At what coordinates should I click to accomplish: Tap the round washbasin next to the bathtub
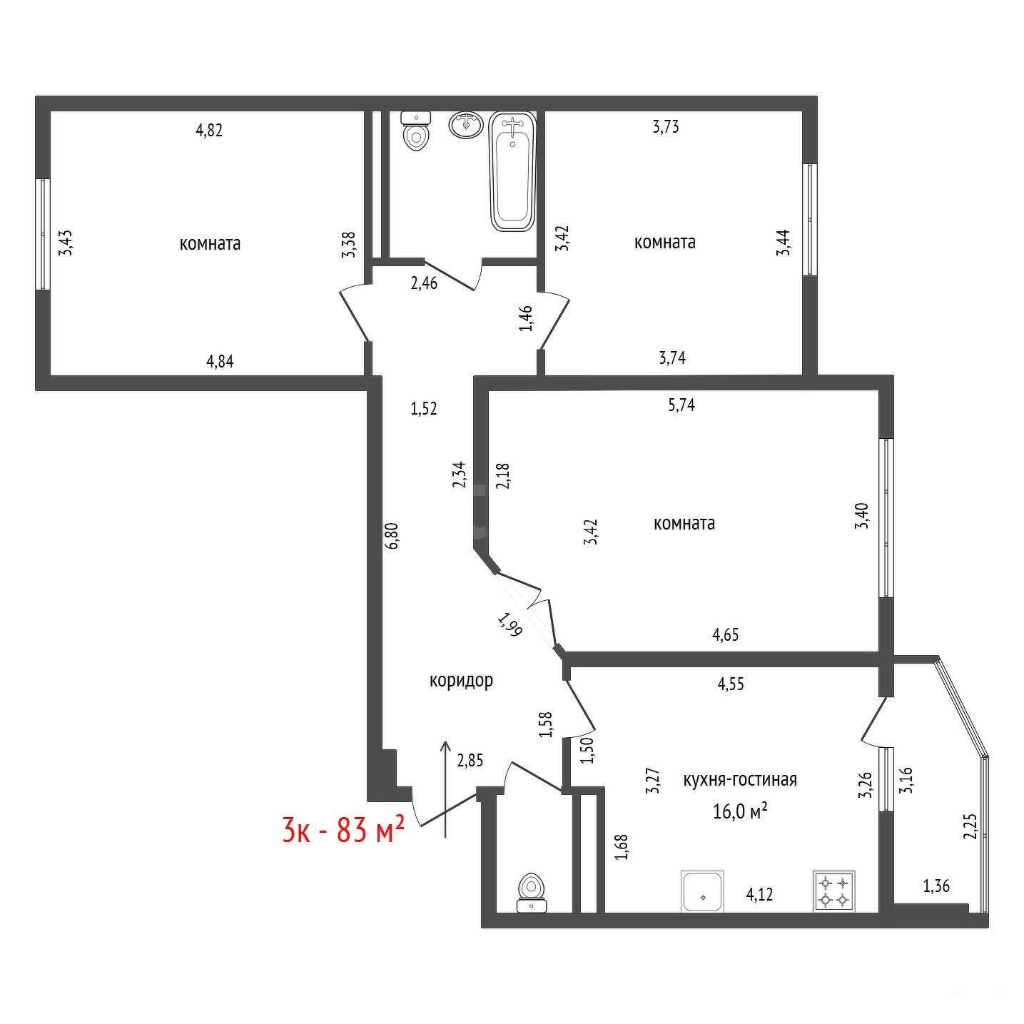click(467, 124)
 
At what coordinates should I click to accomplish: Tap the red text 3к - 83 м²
click(344, 830)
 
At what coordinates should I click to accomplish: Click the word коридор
click(461, 681)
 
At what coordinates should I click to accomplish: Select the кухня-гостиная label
click(740, 779)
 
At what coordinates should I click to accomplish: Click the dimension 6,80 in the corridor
click(392, 536)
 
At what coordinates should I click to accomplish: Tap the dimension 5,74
click(681, 405)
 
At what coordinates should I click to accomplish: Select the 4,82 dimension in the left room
click(209, 130)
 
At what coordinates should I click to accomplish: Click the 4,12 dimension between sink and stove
click(759, 894)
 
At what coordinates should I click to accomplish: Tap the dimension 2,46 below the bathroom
click(424, 283)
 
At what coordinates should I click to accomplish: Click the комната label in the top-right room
click(665, 243)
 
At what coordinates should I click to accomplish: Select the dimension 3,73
click(666, 127)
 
